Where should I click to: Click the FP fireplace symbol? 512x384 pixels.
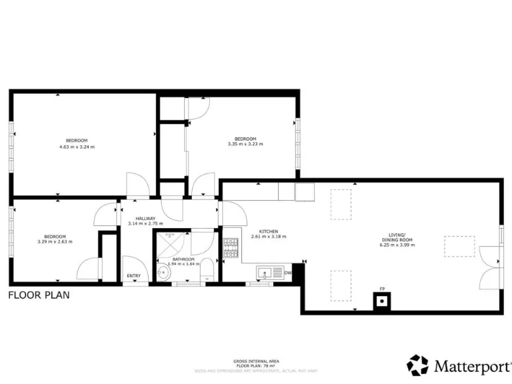382,301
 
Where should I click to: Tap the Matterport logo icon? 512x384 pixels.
418,365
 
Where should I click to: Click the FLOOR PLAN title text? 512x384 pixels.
39,294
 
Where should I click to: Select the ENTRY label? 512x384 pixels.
134,276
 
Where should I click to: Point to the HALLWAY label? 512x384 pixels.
146,219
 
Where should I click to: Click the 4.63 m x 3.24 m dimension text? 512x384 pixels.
77,146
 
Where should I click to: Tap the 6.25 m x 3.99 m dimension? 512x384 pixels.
401,245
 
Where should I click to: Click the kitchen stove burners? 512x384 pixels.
231,248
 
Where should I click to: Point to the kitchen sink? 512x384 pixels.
265,272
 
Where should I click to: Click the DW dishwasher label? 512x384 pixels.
288,273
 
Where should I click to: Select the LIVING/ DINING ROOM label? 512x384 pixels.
401,237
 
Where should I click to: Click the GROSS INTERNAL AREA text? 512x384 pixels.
256,361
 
